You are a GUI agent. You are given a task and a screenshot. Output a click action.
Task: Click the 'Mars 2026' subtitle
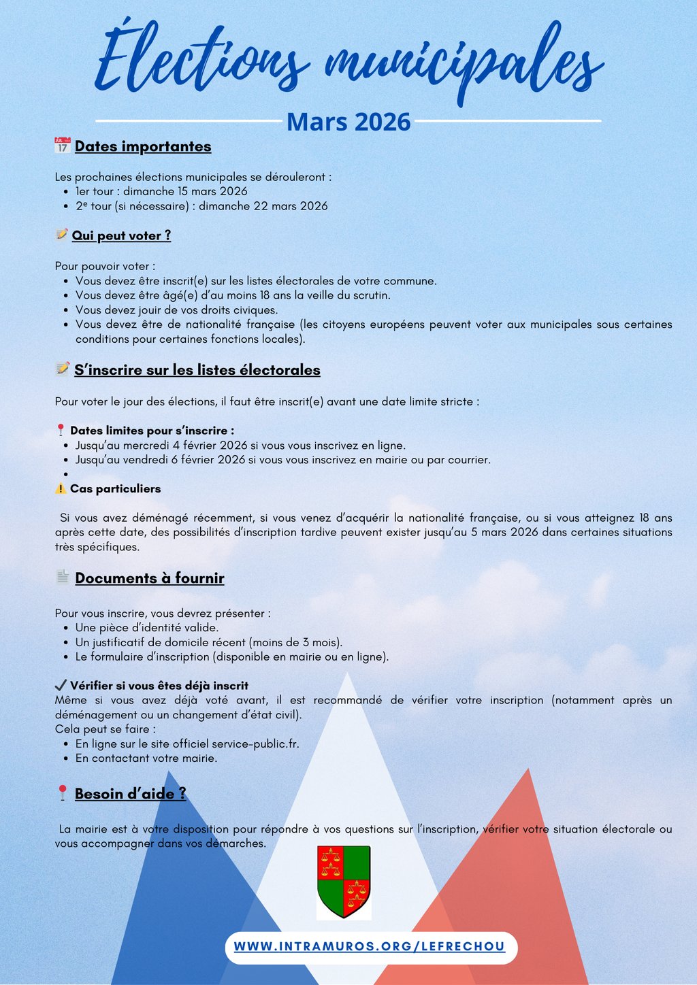click(348, 122)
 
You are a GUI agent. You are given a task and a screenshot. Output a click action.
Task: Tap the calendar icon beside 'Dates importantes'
click(63, 146)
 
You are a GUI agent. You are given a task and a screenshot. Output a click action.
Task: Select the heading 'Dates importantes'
click(143, 146)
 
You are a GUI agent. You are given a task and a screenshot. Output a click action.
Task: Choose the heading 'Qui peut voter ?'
click(121, 235)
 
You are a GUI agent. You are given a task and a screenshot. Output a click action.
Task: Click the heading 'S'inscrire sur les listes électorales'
click(197, 370)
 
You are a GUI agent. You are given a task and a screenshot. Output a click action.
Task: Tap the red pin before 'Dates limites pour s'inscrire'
click(61, 431)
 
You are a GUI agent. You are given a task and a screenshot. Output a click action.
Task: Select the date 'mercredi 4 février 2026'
click(184, 446)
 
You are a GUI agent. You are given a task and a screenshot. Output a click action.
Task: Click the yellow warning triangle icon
click(61, 488)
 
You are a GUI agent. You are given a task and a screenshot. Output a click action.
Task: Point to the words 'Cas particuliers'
click(115, 488)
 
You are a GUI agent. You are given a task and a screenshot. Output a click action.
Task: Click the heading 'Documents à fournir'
click(149, 578)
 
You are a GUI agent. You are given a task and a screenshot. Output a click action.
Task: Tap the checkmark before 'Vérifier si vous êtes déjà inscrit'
click(61, 685)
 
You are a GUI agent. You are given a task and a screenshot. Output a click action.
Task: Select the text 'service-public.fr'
click(255, 744)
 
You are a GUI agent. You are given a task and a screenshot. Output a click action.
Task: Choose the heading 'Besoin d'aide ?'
click(130, 794)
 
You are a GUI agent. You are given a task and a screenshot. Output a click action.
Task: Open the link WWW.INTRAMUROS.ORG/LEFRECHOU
click(370, 947)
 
